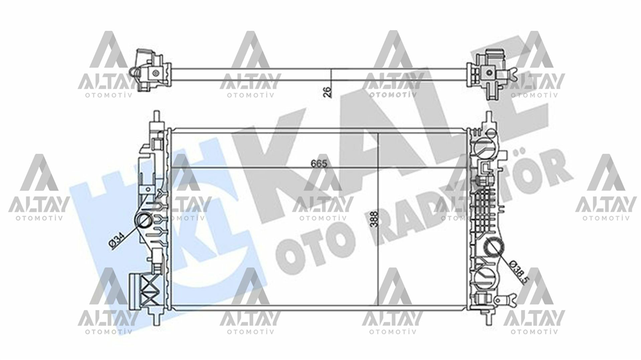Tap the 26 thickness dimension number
click(x=326, y=92)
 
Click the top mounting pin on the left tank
click(x=156, y=119)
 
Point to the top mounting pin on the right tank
click(x=488, y=119)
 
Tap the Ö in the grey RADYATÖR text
click(x=537, y=168)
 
